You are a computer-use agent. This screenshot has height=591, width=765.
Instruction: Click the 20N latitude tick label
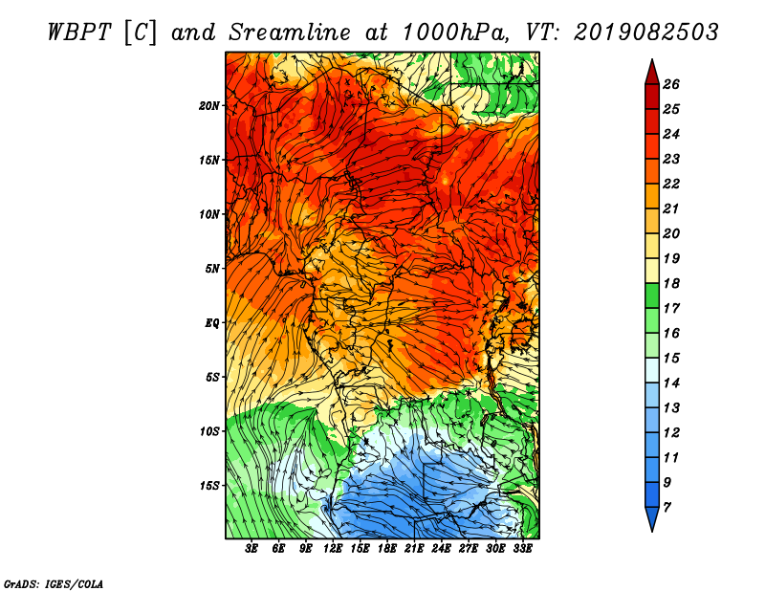208,105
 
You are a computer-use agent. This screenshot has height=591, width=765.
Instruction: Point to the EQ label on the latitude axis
211,322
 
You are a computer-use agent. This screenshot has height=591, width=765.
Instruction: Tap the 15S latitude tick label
208,486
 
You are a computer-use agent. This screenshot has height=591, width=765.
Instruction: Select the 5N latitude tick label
211,269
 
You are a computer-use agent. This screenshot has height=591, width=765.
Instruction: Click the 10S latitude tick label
208,431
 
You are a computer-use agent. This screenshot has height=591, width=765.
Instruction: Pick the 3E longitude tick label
251,549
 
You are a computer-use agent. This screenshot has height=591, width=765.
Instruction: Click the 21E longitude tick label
414,549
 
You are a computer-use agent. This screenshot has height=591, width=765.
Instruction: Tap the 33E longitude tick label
522,549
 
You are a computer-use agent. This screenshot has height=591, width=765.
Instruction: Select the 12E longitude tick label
333,549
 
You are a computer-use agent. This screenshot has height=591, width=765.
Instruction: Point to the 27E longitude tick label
469,549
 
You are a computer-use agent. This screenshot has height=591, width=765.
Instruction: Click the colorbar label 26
671,84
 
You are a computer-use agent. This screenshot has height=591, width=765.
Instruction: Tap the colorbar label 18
671,283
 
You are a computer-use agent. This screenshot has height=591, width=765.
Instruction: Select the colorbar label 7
667,508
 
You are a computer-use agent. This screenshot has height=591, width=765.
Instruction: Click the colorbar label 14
671,383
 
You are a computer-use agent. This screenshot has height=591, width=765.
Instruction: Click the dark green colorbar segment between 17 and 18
652,295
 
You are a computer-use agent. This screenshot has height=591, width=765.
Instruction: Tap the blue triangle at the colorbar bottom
652,517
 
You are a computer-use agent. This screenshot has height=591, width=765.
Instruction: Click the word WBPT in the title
80,33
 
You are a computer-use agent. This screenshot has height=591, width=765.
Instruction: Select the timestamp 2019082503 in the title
645,33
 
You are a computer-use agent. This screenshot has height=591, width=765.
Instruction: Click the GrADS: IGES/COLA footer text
54,583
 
